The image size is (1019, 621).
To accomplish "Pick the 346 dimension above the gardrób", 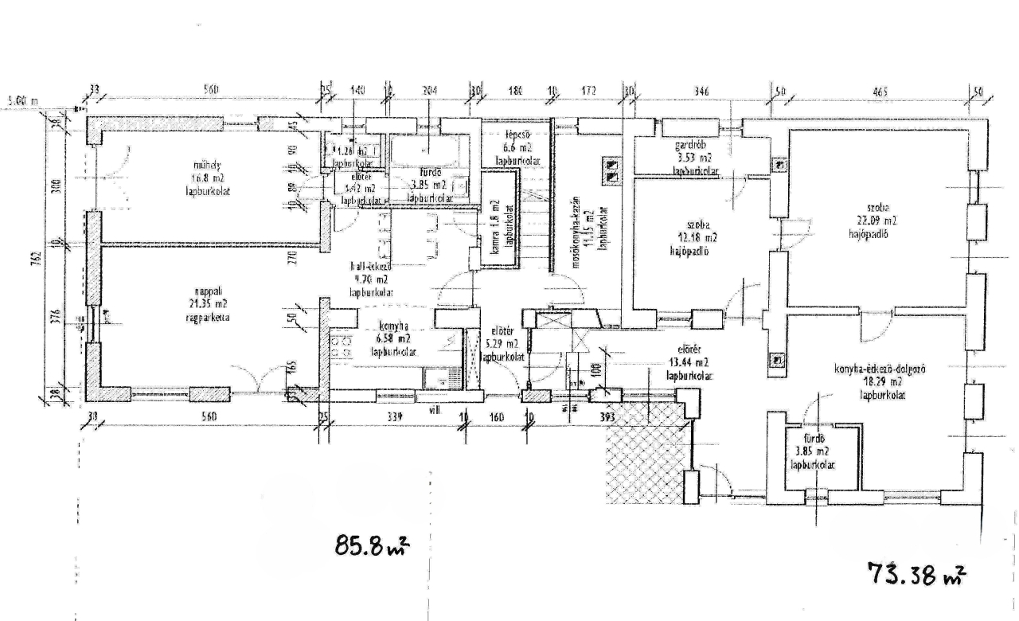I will pos(701,92).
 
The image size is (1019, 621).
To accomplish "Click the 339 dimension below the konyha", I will pos(394,417).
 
